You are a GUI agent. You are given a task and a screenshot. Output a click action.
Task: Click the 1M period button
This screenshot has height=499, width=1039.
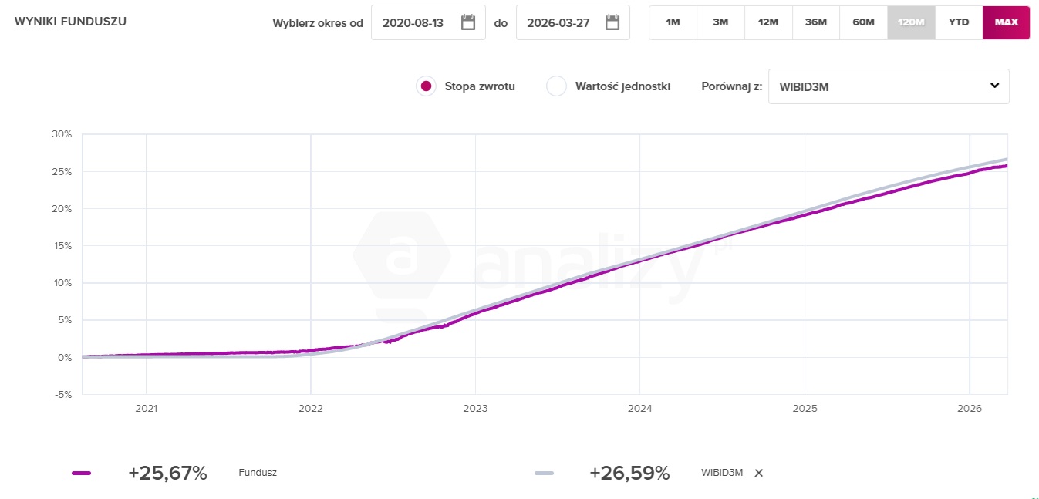tap(673, 22)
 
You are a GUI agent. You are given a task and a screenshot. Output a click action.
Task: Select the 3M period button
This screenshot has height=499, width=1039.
tap(720, 22)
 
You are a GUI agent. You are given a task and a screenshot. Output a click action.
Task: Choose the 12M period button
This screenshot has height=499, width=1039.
tap(768, 22)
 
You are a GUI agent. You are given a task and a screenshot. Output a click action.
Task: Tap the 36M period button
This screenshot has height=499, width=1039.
tap(815, 22)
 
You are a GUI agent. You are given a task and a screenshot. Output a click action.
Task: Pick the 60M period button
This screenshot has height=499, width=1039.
tap(863, 22)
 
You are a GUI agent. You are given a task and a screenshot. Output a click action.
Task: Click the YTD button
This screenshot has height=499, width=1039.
tap(959, 22)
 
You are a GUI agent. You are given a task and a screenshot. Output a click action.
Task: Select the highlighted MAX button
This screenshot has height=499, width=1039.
tap(1006, 22)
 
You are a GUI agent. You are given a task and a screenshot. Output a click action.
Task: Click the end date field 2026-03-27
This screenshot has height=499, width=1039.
tap(558, 22)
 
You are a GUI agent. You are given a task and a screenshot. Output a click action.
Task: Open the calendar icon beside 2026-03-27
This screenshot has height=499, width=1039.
tap(612, 22)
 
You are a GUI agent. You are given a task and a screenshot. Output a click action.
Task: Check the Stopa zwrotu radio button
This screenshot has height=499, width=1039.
tap(425, 86)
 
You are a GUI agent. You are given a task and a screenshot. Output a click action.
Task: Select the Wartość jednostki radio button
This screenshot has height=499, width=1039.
tap(556, 86)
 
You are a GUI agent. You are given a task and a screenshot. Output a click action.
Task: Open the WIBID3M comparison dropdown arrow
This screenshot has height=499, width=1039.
tap(994, 86)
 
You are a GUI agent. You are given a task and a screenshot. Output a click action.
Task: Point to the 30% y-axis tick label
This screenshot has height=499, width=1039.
tap(62, 134)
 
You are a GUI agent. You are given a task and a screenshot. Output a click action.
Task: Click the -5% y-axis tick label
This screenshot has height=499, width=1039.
tap(62, 394)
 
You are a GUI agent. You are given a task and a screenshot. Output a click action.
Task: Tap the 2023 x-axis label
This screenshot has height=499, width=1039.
tap(475, 409)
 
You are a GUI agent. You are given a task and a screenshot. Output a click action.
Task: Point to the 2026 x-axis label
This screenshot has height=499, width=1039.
tap(969, 409)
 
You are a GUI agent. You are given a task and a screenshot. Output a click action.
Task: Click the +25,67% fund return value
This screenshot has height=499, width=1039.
tap(167, 473)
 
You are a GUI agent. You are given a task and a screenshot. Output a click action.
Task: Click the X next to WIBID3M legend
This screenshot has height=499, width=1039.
tap(758, 473)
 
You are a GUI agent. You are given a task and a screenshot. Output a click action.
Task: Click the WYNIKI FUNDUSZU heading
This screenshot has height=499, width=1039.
tap(70, 22)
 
